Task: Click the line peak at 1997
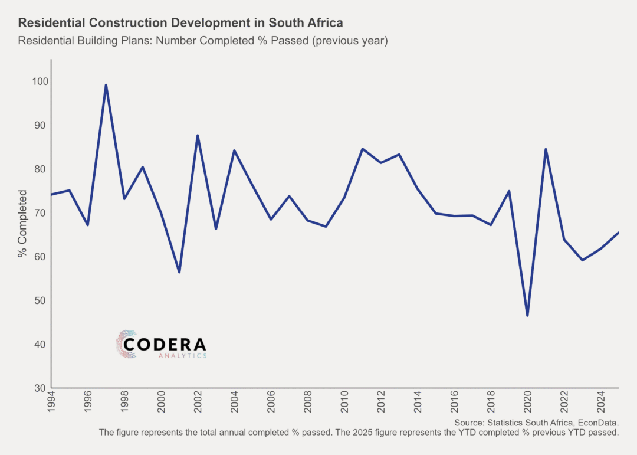pos(106,85)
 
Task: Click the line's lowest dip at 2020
pos(527,315)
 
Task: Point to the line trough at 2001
pos(179,272)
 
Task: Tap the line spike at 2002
pos(198,136)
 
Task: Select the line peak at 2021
pos(546,149)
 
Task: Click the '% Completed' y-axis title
pos(22,224)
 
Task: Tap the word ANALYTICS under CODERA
pos(182,356)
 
